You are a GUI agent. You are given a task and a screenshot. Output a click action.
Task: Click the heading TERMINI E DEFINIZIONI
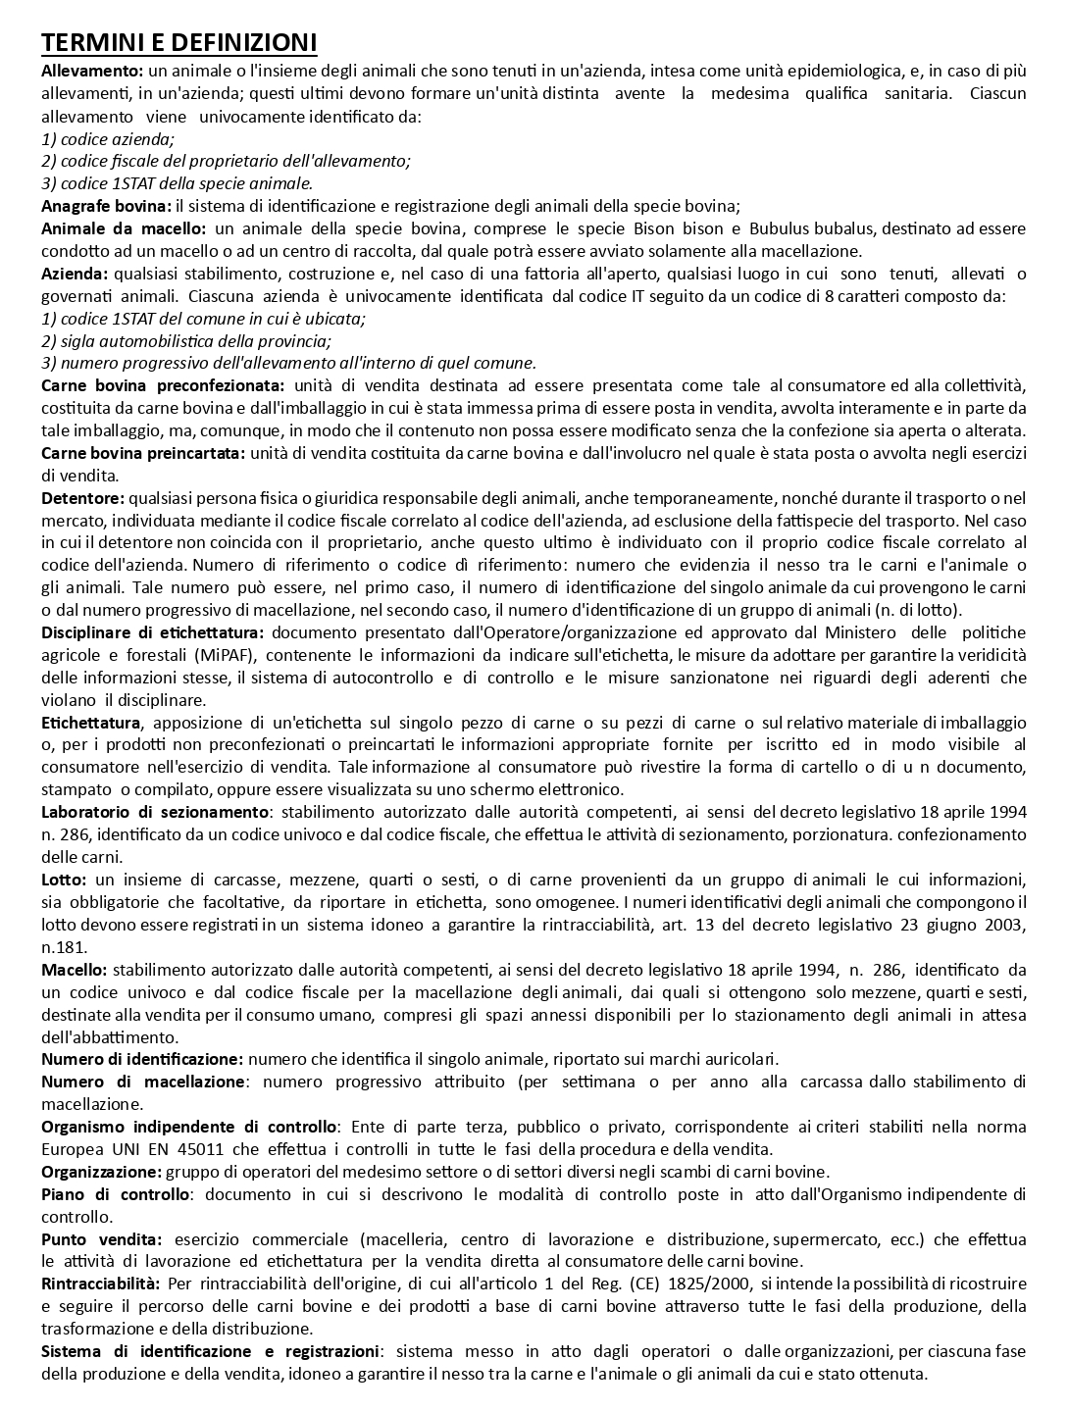178,43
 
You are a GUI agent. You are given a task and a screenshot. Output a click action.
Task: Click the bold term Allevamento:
92,71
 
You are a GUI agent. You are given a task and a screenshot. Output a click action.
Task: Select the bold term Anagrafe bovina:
106,206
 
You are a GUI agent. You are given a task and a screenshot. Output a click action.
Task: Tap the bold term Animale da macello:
124,228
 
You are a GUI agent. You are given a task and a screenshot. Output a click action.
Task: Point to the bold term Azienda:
75,274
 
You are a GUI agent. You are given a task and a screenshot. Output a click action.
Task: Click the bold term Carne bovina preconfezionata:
163,386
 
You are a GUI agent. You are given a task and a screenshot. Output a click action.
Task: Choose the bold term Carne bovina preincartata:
143,454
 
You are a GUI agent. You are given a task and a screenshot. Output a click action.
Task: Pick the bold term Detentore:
82,499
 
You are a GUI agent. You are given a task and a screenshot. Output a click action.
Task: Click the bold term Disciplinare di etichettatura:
153,633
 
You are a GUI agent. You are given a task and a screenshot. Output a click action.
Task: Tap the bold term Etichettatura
91,724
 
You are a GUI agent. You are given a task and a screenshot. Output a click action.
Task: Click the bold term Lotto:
64,881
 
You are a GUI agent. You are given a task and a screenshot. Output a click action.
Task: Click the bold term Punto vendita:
101,1240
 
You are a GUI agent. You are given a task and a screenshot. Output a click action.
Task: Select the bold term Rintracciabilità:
100,1284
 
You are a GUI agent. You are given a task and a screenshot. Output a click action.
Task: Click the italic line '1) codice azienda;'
108,138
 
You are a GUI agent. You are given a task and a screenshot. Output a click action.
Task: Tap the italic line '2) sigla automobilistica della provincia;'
186,341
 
